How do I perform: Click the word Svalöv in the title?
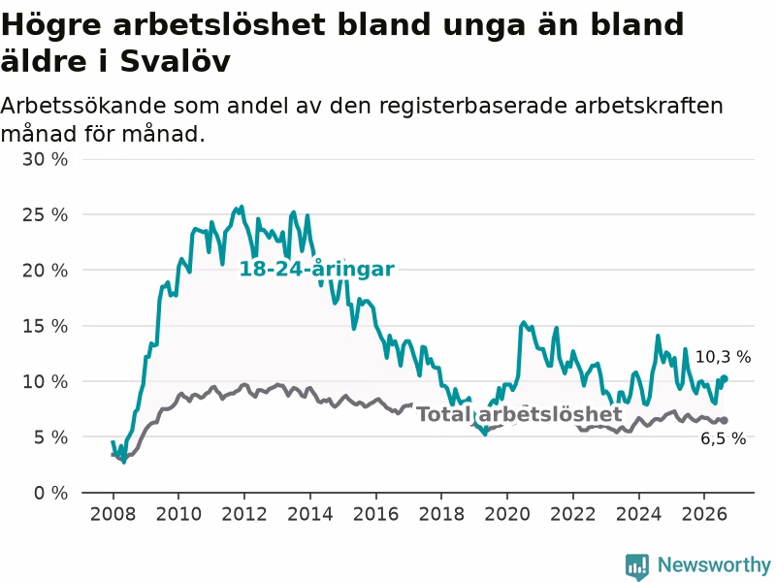[176, 61]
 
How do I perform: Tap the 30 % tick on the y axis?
[45, 159]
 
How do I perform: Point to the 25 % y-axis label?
[45, 214]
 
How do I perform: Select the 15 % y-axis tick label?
[45, 326]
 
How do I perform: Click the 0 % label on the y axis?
[51, 493]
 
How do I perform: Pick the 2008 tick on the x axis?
[113, 514]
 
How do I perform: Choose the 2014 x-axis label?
[310, 514]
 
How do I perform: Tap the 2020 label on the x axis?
[507, 514]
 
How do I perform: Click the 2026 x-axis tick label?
[704, 514]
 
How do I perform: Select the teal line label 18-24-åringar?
[317, 269]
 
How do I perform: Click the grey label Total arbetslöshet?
[519, 414]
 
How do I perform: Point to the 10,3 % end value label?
[723, 357]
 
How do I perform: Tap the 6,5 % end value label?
[723, 438]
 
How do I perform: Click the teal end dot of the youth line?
[724, 378]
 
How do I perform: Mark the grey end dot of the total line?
[724, 420]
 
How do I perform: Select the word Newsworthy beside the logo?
[714, 565]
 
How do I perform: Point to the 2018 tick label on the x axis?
[441, 514]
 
